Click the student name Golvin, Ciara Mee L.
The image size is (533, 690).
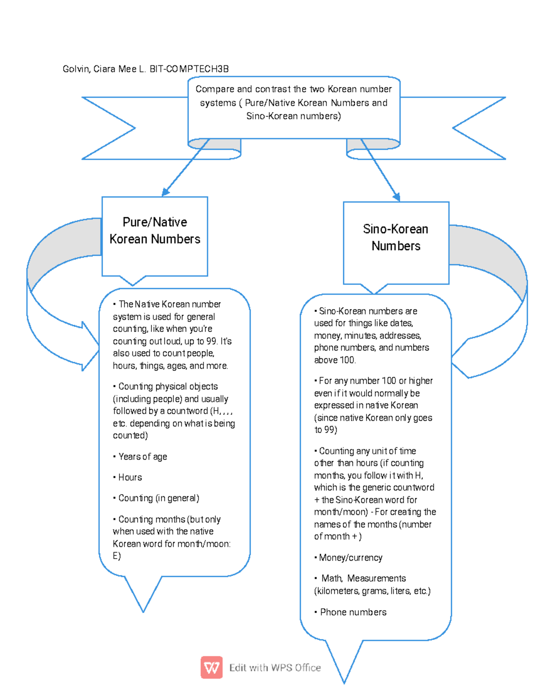[x=104, y=69]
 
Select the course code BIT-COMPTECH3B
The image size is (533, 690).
[x=189, y=69]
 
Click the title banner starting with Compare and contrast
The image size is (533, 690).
[x=294, y=103]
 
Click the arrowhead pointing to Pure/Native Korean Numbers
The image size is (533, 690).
[x=165, y=192]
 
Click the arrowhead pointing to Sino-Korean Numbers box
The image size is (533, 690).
[x=397, y=197]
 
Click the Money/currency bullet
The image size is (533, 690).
[x=350, y=558]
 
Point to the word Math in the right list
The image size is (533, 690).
[x=331, y=578]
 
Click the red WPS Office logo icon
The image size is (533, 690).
[x=211, y=667]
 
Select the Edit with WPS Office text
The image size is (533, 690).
[x=275, y=667]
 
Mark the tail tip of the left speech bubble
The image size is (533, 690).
[x=143, y=611]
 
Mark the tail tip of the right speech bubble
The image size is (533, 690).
[x=344, y=682]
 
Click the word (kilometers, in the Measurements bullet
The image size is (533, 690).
[x=337, y=591]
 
